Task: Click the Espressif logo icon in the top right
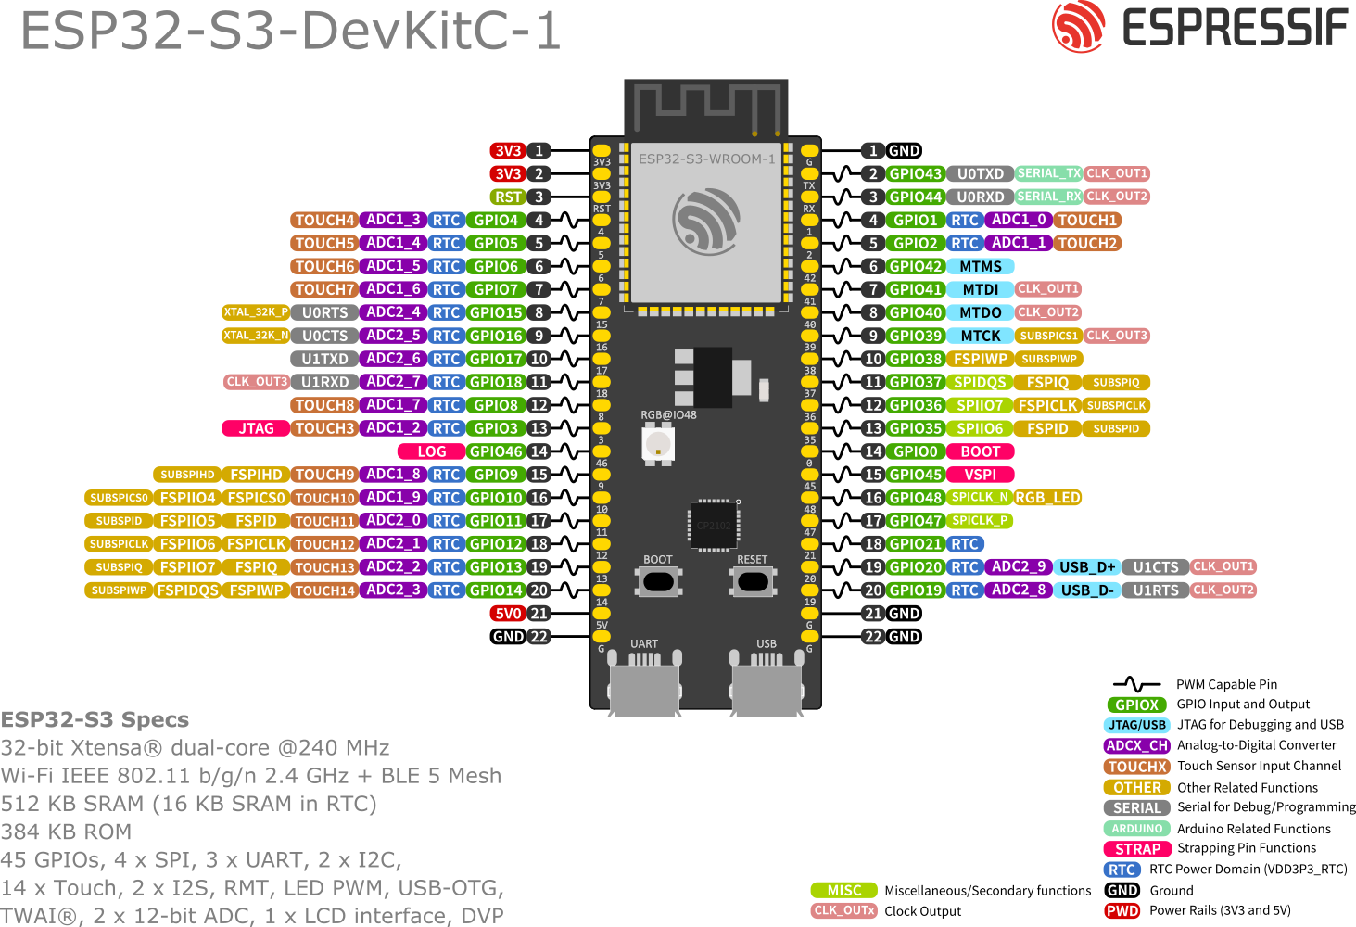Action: pyautogui.click(x=1078, y=26)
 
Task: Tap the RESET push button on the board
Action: pyautogui.click(x=752, y=581)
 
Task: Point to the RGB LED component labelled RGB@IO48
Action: pyautogui.click(x=658, y=444)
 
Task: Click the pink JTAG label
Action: pyautogui.click(x=256, y=428)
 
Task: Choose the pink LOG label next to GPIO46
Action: pyautogui.click(x=431, y=451)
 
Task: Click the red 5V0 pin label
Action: pyautogui.click(x=508, y=614)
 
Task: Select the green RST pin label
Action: pyautogui.click(x=508, y=197)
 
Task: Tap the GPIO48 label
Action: pyautogui.click(x=915, y=498)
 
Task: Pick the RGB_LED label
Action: pyautogui.click(x=1047, y=498)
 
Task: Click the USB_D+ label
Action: pyautogui.click(x=1086, y=567)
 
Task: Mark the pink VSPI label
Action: pyautogui.click(x=980, y=475)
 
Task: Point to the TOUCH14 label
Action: pyautogui.click(x=324, y=590)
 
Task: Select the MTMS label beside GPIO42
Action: pyautogui.click(x=980, y=266)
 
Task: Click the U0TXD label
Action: pyautogui.click(x=980, y=173)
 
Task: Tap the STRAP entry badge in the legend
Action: pyautogui.click(x=1136, y=849)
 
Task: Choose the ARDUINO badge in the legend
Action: pyautogui.click(x=1136, y=829)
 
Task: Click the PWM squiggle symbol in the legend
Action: pyautogui.click(x=1136, y=684)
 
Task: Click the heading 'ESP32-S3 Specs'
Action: pyautogui.click(x=95, y=719)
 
